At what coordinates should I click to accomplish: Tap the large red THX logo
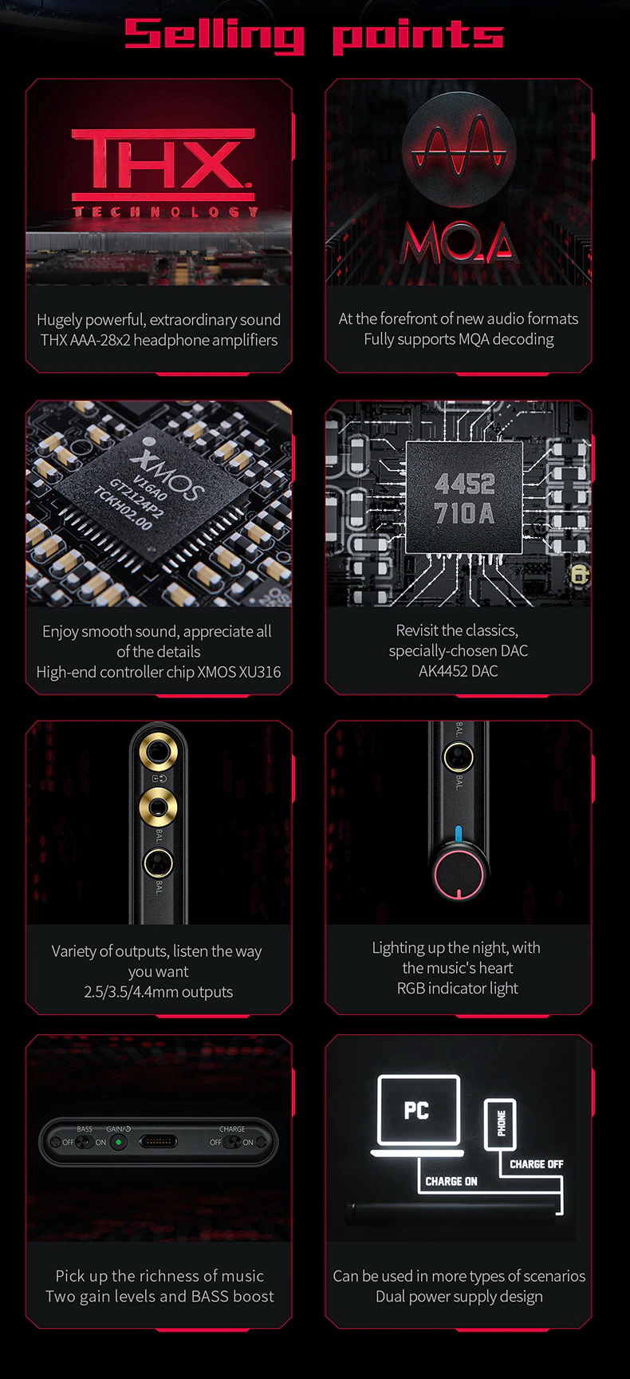pos(163,164)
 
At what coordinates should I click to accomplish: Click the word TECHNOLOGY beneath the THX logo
pos(166,211)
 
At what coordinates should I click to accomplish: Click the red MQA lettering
pos(459,243)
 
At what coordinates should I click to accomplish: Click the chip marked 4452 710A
pos(464,498)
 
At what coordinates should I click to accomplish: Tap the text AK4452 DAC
pos(458,671)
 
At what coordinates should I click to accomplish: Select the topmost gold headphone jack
pos(158,751)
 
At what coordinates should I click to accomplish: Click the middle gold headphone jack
pos(158,806)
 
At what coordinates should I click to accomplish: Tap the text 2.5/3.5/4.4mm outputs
pos(158,992)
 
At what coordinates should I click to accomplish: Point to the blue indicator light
pos(458,835)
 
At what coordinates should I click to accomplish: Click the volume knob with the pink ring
pos(459,875)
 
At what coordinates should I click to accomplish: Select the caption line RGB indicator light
pos(458,988)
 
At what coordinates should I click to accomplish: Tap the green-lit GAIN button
pos(119,1142)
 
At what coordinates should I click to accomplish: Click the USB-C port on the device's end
pos(159,1142)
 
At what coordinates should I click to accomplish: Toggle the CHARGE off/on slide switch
pos(232,1142)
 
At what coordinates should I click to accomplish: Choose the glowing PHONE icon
pos(501,1124)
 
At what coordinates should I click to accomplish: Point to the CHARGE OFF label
pos(536,1164)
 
